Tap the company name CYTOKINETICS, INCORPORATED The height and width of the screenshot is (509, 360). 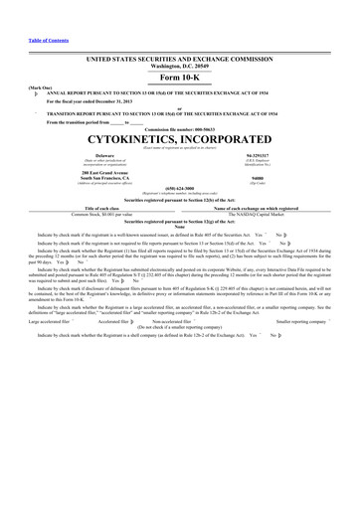point(180,138)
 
